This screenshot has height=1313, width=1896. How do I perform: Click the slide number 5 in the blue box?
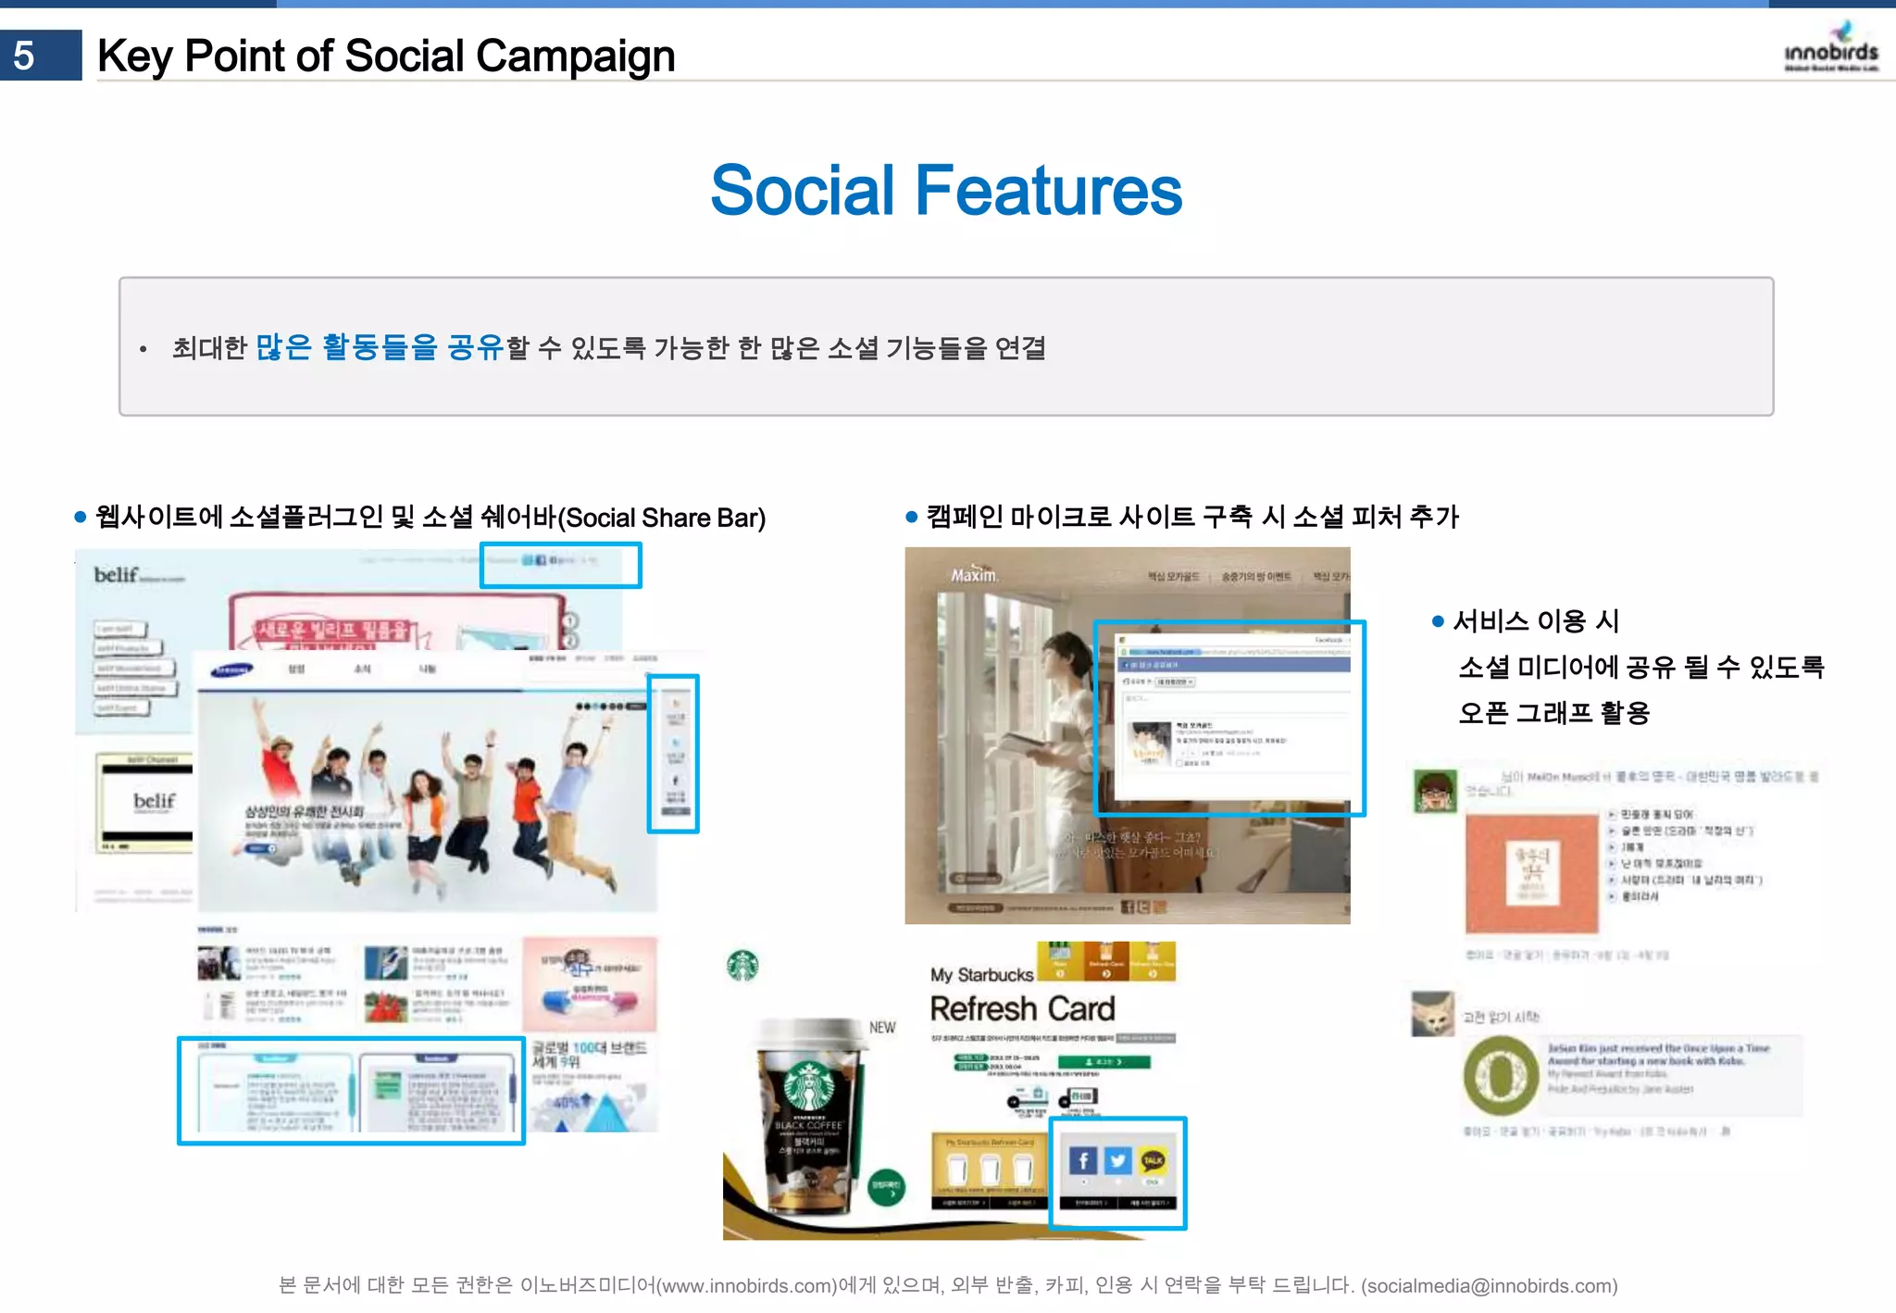(x=25, y=56)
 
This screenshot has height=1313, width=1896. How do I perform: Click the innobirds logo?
(x=1830, y=48)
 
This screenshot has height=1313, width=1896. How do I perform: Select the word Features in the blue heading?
(x=1048, y=191)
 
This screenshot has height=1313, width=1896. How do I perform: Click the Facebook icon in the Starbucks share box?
(x=1082, y=1160)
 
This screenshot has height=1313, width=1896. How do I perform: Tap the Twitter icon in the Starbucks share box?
(x=1118, y=1160)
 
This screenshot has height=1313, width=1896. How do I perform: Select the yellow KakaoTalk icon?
(x=1153, y=1160)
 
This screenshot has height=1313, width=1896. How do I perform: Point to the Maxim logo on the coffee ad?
(x=973, y=575)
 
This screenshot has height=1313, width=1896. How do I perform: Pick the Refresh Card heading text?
(x=1022, y=1008)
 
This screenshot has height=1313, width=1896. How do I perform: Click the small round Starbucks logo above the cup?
(x=742, y=966)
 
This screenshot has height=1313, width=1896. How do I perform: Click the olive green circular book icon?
(x=1500, y=1076)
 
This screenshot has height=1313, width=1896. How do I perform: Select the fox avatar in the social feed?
(x=1432, y=1014)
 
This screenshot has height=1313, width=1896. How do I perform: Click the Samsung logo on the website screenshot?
(x=231, y=669)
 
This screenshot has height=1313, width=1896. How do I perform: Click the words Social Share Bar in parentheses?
(x=665, y=518)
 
